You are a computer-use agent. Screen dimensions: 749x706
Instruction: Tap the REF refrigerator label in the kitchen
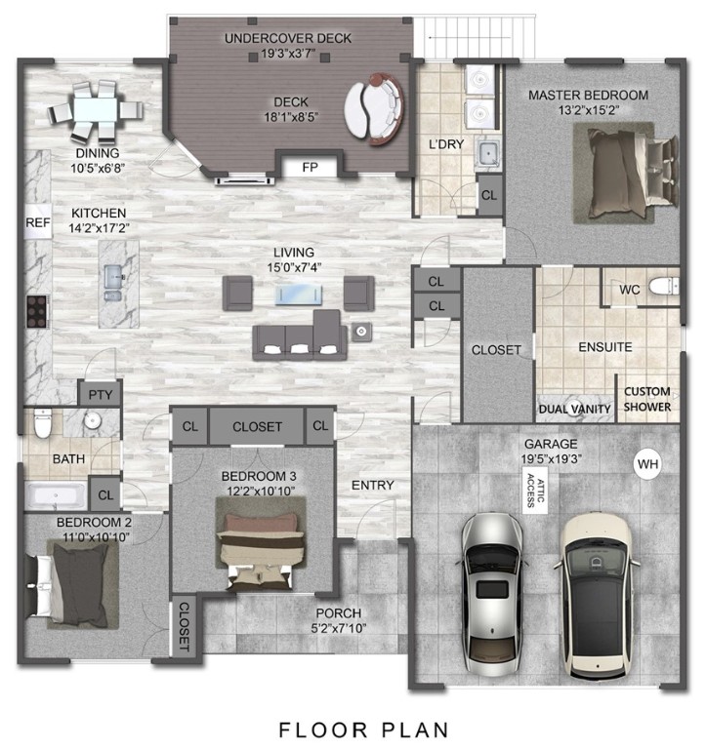[x=37, y=222]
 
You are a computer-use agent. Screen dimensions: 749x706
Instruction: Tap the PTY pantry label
[x=99, y=395]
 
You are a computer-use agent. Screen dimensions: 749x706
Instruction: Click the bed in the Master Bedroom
[x=629, y=175]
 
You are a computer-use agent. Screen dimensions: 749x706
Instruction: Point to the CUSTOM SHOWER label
[x=647, y=398]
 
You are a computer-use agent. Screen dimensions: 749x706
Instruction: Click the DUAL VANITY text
[x=574, y=409]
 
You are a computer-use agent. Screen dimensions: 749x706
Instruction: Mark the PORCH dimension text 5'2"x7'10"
[x=338, y=628]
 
